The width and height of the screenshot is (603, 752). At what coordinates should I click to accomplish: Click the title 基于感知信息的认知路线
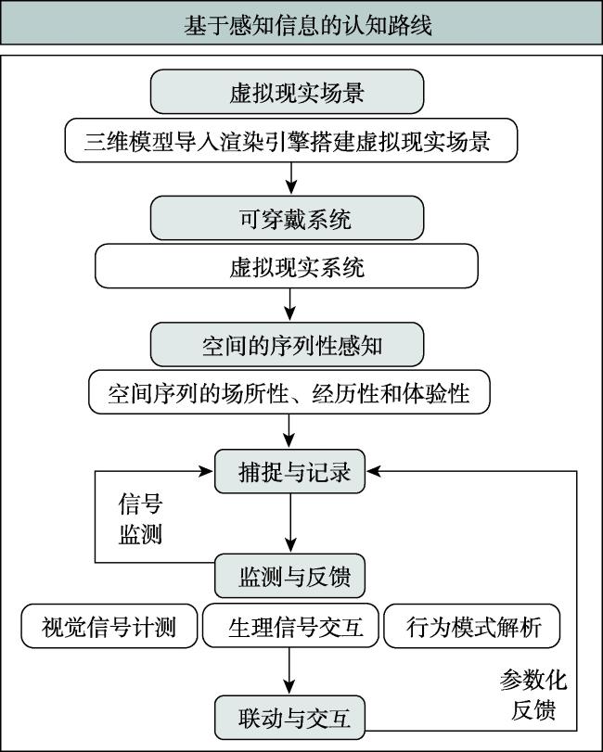pyautogui.click(x=307, y=25)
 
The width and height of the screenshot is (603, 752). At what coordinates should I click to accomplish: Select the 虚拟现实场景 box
pyautogui.click(x=287, y=92)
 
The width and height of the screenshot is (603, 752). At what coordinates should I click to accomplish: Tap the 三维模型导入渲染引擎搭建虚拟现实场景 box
pyautogui.click(x=291, y=141)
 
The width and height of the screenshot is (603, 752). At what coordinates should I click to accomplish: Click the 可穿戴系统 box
pyautogui.click(x=287, y=218)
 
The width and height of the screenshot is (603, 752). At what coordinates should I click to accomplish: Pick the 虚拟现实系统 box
pyautogui.click(x=287, y=266)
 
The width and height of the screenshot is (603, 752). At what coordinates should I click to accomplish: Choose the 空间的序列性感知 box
pyautogui.click(x=287, y=344)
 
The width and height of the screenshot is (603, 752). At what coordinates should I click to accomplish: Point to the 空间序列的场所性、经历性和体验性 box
pyautogui.click(x=289, y=392)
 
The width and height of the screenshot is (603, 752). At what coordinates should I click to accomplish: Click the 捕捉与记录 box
pyautogui.click(x=289, y=471)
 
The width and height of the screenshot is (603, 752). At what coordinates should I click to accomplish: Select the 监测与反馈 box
pyautogui.click(x=289, y=576)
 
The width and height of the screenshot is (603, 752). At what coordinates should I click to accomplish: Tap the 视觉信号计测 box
pyautogui.click(x=109, y=626)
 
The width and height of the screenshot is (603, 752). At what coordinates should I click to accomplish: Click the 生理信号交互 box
pyautogui.click(x=290, y=626)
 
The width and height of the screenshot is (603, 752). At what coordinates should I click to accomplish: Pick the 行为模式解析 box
pyautogui.click(x=472, y=626)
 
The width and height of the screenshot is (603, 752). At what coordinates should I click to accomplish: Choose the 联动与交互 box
pyautogui.click(x=289, y=718)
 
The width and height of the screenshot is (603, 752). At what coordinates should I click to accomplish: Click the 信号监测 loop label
pyautogui.click(x=140, y=518)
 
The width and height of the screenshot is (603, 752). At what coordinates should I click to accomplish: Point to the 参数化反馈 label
pyautogui.click(x=533, y=695)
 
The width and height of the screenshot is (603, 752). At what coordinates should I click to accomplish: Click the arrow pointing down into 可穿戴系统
pyautogui.click(x=290, y=178)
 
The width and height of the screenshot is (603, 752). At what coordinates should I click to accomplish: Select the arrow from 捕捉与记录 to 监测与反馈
pyautogui.click(x=290, y=523)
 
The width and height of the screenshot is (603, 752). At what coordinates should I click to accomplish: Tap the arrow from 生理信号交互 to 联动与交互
pyautogui.click(x=289, y=671)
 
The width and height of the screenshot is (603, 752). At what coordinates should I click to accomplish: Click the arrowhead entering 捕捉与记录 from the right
pyautogui.click(x=374, y=471)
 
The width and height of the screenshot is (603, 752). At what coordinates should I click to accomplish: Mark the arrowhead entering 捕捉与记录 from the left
pyautogui.click(x=206, y=471)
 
